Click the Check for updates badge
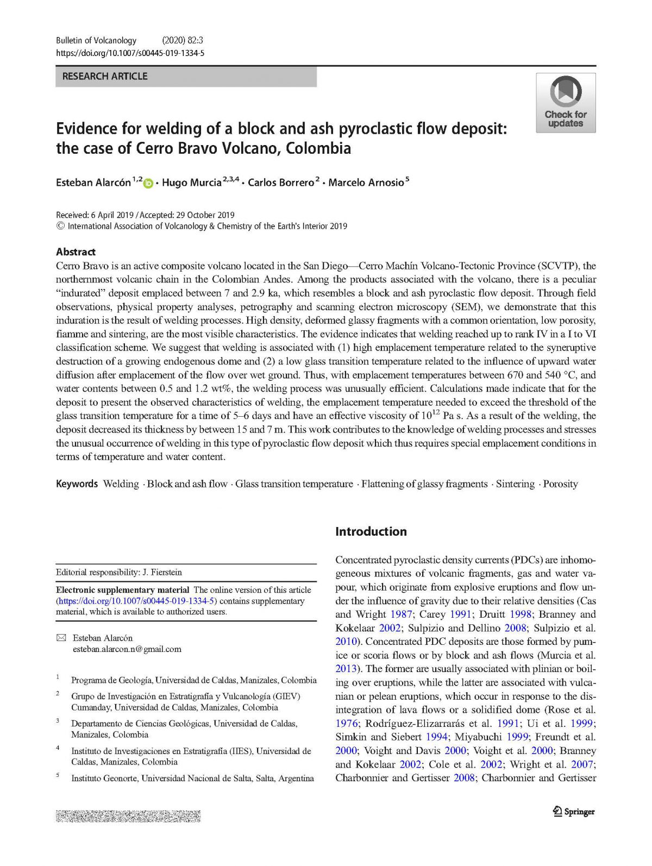[566, 103]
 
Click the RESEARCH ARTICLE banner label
[105, 77]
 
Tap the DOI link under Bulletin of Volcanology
[130, 53]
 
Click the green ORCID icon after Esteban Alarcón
[148, 184]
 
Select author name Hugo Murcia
[192, 183]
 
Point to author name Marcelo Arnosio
[366, 183]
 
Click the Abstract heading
[76, 252]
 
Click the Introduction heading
[371, 531]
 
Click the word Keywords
[77, 484]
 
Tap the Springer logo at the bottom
[574, 812]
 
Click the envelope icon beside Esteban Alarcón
[61, 638]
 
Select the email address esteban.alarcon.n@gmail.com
[127, 649]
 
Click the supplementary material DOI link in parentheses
[136, 601]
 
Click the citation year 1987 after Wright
[401, 614]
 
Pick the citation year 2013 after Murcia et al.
[346, 669]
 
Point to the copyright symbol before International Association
[60, 226]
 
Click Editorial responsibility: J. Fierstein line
[119, 572]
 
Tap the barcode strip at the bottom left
[128, 816]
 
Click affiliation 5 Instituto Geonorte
[192, 779]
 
